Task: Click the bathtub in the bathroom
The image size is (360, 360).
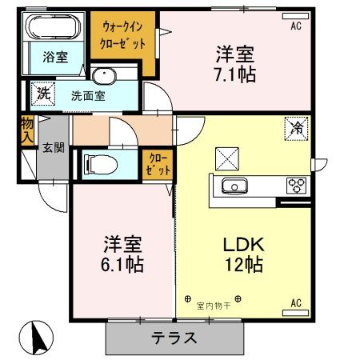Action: click(x=51, y=29)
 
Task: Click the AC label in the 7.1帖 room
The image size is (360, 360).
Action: click(x=296, y=27)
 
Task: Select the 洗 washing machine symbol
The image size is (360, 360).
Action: click(x=42, y=93)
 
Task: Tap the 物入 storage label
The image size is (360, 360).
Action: click(x=26, y=130)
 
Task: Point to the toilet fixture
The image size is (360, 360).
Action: click(x=100, y=164)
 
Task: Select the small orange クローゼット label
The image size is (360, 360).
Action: click(x=154, y=166)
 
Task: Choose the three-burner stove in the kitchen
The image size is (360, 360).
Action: click(x=297, y=186)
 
